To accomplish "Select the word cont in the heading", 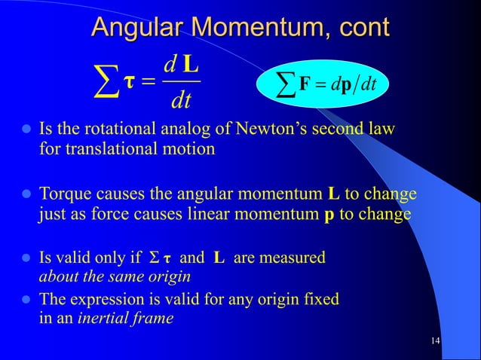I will [363, 28].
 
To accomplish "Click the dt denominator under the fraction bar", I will [182, 97].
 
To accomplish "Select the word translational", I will [100, 148].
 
